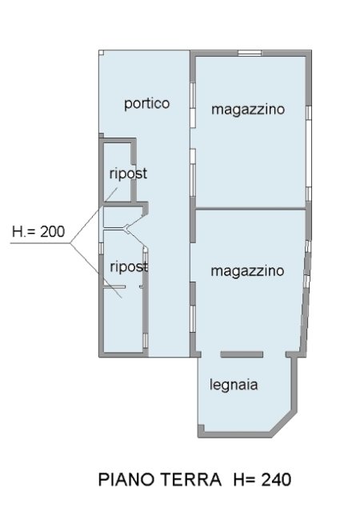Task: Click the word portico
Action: click(x=147, y=104)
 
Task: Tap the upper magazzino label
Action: click(x=248, y=109)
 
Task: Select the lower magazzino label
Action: click(x=247, y=271)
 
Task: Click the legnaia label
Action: click(x=234, y=385)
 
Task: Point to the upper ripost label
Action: click(x=128, y=174)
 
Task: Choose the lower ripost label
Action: click(x=129, y=266)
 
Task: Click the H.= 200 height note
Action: click(x=38, y=231)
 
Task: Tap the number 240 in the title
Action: click(x=276, y=480)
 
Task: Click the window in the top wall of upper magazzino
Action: click(x=250, y=53)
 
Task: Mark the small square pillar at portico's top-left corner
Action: click(x=102, y=52)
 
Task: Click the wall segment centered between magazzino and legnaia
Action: click(x=242, y=354)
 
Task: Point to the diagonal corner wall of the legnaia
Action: click(x=284, y=424)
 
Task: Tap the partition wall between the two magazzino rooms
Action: click(x=250, y=208)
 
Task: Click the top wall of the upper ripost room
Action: click(x=118, y=141)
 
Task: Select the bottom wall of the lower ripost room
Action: click(x=123, y=354)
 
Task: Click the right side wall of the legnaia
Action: click(x=294, y=385)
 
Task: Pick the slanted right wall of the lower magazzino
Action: click(x=306, y=297)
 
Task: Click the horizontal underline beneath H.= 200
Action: click(x=40, y=243)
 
